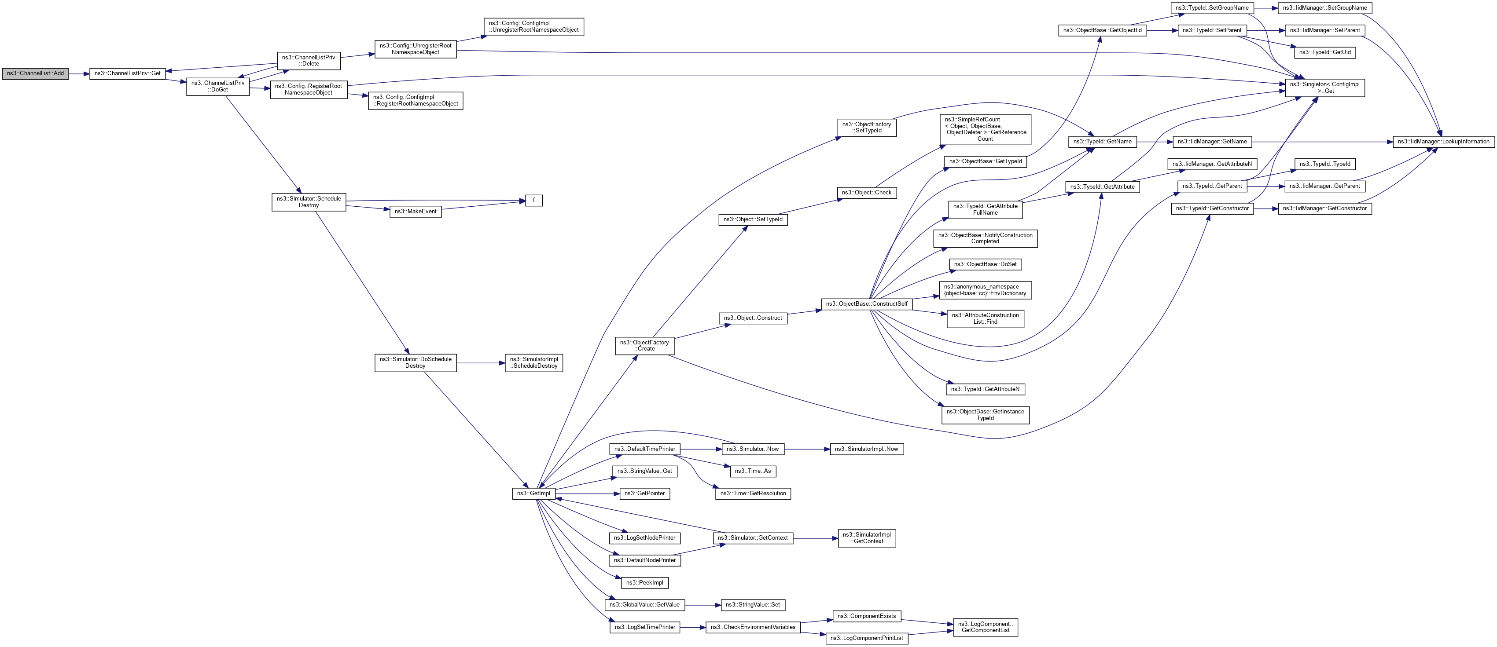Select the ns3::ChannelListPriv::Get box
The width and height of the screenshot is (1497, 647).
pos(127,74)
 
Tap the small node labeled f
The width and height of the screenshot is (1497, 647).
pos(533,201)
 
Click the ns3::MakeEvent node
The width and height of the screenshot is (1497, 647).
pos(416,212)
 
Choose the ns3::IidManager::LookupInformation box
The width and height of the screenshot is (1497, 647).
pos(1444,142)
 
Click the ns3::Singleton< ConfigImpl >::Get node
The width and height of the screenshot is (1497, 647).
pos(1324,88)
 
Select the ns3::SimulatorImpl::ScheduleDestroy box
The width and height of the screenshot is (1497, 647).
pos(534,363)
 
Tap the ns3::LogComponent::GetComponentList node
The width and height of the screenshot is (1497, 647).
pos(985,627)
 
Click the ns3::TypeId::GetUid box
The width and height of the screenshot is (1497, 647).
pos(1325,52)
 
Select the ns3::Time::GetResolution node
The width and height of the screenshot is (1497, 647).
pos(753,493)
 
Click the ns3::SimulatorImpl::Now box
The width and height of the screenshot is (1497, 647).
pos(867,449)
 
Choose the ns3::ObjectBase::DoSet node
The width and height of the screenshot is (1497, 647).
pos(985,264)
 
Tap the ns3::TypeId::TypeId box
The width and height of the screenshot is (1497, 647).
pos(1325,164)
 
